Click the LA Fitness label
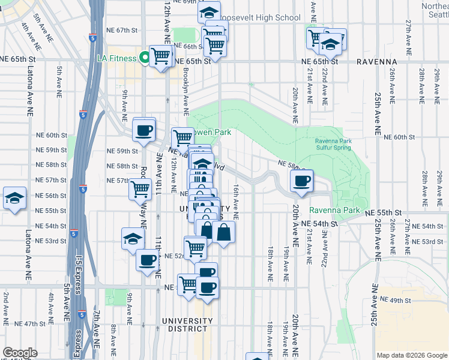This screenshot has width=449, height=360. pyautogui.click(x=118, y=58)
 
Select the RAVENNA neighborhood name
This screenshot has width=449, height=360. pyautogui.click(x=376, y=61)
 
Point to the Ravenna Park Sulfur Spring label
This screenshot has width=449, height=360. pyautogui.click(x=337, y=145)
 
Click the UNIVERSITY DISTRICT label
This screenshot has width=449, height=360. pyautogui.click(x=187, y=325)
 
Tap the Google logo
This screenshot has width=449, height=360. pyautogui.click(x=20, y=353)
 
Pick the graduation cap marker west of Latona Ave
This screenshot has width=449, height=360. pyautogui.click(x=14, y=197)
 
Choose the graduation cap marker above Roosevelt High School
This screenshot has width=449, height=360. pyautogui.click(x=209, y=11)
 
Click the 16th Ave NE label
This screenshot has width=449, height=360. pyautogui.click(x=237, y=202)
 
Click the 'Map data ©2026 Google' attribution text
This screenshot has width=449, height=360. pyautogui.click(x=411, y=355)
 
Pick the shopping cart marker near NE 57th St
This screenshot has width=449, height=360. pyautogui.click(x=140, y=188)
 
